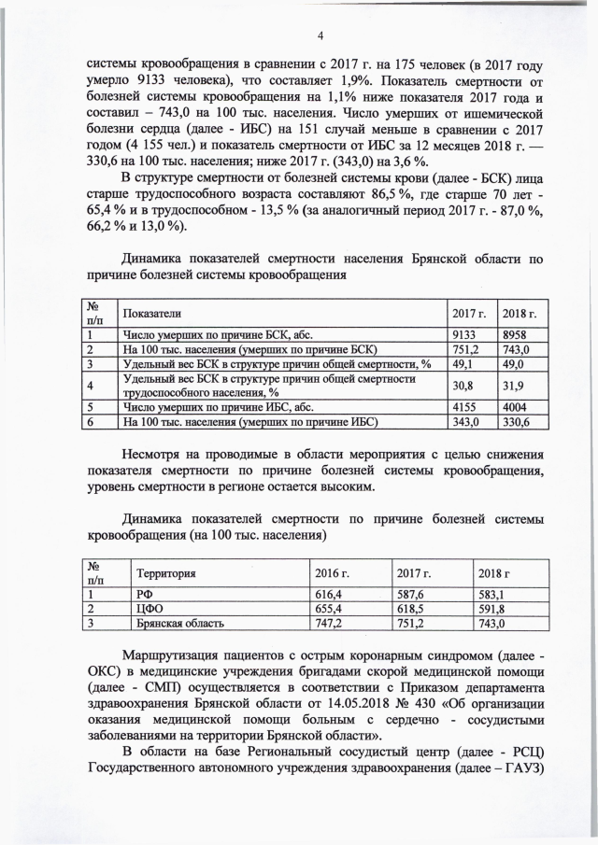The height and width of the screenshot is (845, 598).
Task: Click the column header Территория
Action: tap(166, 572)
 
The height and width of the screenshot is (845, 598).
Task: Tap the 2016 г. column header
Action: tap(330, 572)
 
